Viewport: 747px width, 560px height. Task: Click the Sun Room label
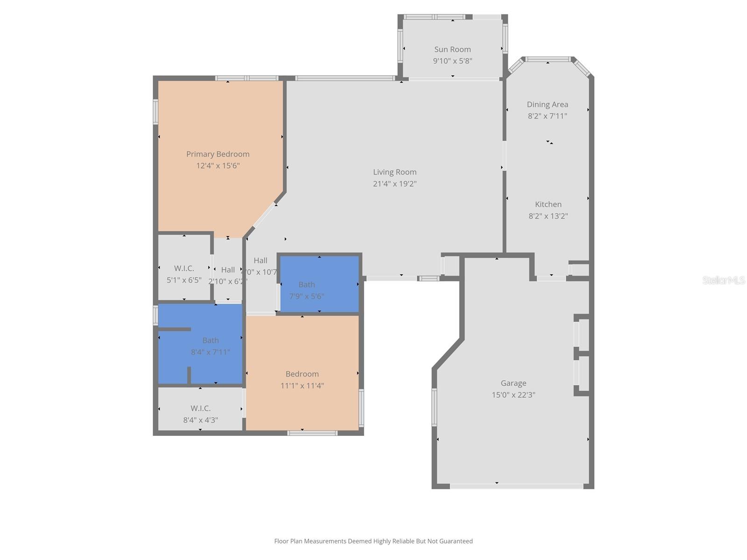(x=452, y=49)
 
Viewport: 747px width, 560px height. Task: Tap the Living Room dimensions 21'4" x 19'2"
(x=395, y=184)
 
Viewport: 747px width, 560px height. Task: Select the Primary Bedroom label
(x=218, y=154)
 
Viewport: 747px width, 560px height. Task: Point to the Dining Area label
(x=547, y=105)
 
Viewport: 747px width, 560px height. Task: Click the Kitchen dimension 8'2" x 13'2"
(x=548, y=216)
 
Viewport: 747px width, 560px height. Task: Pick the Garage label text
(x=513, y=383)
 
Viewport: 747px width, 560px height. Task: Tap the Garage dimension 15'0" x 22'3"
(x=513, y=395)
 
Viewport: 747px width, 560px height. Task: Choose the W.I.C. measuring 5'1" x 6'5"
(x=184, y=274)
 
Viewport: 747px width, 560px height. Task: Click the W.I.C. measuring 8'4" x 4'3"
(x=200, y=414)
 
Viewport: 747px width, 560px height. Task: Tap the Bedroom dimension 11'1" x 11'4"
(x=302, y=386)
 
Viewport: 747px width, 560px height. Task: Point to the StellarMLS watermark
(x=723, y=280)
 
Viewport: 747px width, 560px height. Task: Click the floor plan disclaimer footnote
(x=373, y=541)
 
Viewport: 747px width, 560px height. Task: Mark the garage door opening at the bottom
(x=516, y=486)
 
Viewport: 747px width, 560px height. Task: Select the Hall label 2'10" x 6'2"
(x=228, y=275)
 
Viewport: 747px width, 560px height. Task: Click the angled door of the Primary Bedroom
(x=264, y=215)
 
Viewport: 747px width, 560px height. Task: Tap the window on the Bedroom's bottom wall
(x=312, y=433)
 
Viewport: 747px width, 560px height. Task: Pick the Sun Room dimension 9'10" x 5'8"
(x=452, y=61)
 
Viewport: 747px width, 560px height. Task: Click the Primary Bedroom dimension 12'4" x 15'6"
(x=218, y=166)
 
